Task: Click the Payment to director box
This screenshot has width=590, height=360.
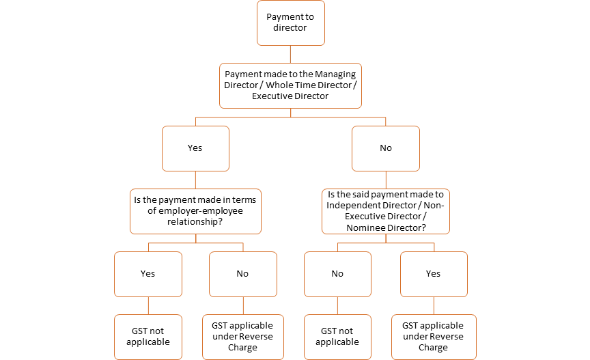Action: point(290,23)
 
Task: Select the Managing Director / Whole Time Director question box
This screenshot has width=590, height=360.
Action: point(290,85)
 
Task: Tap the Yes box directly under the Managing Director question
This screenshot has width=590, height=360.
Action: point(195,148)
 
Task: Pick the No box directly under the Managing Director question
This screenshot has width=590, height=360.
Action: point(386,148)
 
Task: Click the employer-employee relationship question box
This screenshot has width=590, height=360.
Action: point(195,211)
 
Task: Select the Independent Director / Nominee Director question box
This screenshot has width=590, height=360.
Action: point(386,211)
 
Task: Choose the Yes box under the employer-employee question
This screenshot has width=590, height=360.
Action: point(148,274)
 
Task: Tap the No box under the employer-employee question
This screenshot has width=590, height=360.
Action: point(242,274)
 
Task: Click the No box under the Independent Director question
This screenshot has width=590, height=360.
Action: point(337,274)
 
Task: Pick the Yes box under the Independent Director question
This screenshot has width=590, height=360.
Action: point(434,274)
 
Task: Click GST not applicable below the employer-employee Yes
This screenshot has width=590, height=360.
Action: point(148,337)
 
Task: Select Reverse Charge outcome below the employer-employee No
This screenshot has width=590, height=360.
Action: point(242,337)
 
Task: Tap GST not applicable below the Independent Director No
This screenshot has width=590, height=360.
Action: point(337,337)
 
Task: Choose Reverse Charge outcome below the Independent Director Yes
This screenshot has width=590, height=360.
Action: point(434,337)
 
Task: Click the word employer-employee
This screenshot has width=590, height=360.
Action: point(196,211)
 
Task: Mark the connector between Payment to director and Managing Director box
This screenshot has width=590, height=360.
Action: point(290,54)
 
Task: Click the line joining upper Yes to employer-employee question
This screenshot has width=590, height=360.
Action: point(195,180)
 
